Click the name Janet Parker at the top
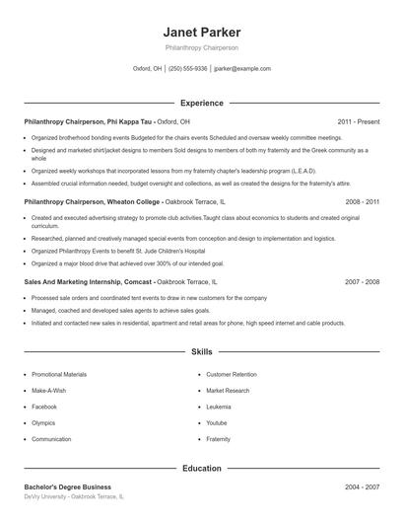pyautogui.click(x=201, y=32)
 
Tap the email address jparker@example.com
pyautogui.click(x=241, y=69)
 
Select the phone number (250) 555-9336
pyautogui.click(x=187, y=69)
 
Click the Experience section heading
pyautogui.click(x=201, y=103)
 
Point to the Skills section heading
pyautogui.click(x=201, y=351)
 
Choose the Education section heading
pyautogui.click(x=201, y=468)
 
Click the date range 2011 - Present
pyautogui.click(x=358, y=121)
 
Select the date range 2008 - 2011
pyautogui.click(x=362, y=200)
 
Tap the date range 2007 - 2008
pyautogui.click(x=362, y=281)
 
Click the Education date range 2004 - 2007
pyautogui.click(x=362, y=486)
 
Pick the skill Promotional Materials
pyautogui.click(x=59, y=375)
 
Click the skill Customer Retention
pyautogui.click(x=233, y=375)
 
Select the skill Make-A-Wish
pyautogui.click(x=50, y=391)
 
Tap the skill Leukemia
pyautogui.click(x=219, y=407)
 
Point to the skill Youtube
pyautogui.click(x=217, y=422)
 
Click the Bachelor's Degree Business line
pyautogui.click(x=68, y=486)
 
